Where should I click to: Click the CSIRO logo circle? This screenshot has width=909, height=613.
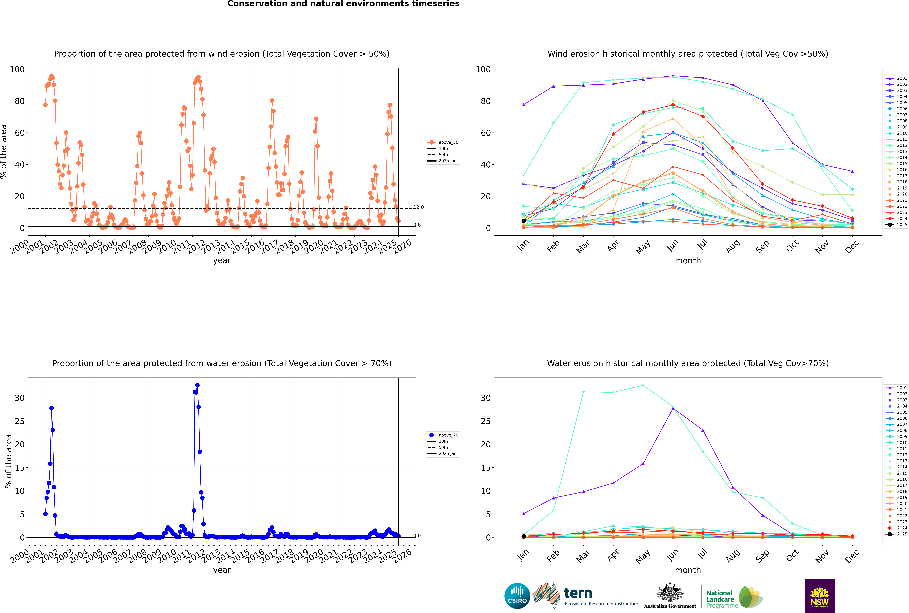517,596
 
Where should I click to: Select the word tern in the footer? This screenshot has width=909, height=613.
578,593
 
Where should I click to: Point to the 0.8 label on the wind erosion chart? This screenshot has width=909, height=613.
417,225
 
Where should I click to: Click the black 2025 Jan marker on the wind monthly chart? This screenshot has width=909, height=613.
524,221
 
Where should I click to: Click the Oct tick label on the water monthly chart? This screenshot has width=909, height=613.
792,555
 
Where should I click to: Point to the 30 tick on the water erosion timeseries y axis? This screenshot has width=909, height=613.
19,398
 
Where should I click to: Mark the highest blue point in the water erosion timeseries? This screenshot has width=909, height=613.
197,385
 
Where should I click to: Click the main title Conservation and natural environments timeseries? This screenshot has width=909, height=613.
344,4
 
